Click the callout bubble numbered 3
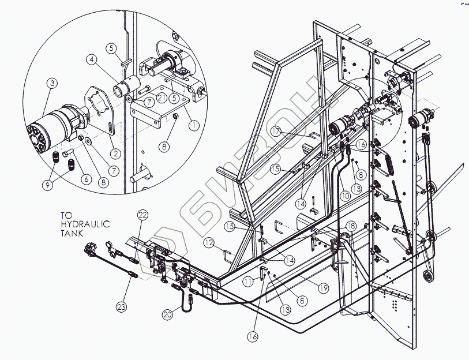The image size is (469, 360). click(x=52, y=83)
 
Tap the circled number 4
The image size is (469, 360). click(x=92, y=59)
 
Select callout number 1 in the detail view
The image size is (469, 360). click(x=194, y=125)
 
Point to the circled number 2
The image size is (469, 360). click(x=115, y=153)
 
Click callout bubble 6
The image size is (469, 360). click(x=87, y=179)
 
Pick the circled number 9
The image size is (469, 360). click(x=47, y=185)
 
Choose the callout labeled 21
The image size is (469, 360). click(x=162, y=97)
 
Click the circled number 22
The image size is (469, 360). click(x=142, y=215)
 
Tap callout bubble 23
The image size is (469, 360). click(x=122, y=307)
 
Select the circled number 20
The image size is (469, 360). click(x=168, y=314)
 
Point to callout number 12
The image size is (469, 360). click(x=209, y=242)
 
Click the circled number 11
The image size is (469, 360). click(x=247, y=282)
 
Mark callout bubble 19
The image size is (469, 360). click(x=323, y=288)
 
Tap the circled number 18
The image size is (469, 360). click(x=351, y=226)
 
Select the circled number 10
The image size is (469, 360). click(x=345, y=196)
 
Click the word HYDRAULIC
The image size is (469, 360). click(x=85, y=224)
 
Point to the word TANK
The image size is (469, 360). click(x=72, y=233)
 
